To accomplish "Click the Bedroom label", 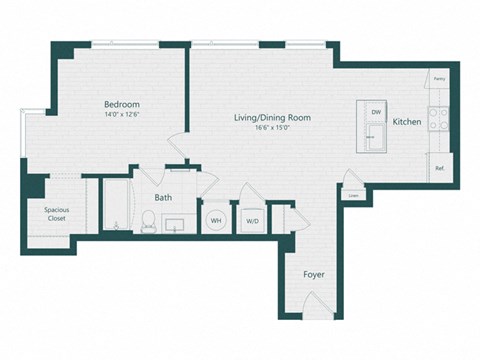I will click(121, 104).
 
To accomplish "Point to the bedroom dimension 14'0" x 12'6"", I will click(121, 115).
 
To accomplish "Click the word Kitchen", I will click(407, 122).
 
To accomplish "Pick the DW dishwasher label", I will click(376, 113).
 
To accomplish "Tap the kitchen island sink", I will click(375, 140).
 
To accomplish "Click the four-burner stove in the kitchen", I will click(438, 121).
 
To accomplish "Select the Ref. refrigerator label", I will click(439, 168).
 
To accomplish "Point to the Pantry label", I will click(439, 78).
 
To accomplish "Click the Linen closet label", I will click(353, 195).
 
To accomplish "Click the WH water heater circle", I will click(215, 219).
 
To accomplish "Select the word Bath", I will click(163, 197).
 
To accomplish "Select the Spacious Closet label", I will click(56, 214).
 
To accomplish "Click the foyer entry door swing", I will click(319, 301).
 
